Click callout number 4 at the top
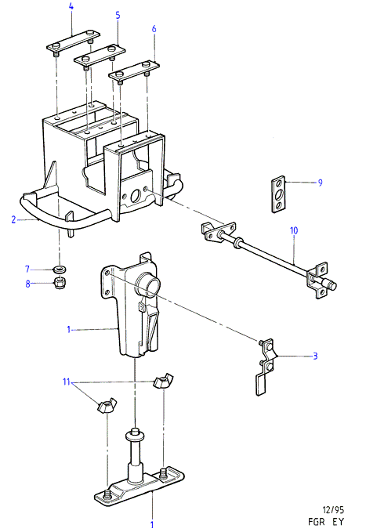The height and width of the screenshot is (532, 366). [x=71, y=6]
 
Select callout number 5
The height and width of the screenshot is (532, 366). [x=118, y=15]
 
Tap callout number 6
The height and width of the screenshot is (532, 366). [x=154, y=29]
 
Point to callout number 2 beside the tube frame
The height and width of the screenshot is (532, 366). [x=13, y=219]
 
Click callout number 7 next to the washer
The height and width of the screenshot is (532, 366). [x=27, y=270]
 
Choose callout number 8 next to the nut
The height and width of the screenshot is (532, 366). [x=28, y=284]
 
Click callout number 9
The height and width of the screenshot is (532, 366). [x=320, y=183]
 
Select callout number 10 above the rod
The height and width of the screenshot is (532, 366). [x=294, y=230]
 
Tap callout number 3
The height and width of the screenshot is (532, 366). [x=315, y=356]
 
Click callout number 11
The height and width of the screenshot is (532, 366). [x=66, y=382]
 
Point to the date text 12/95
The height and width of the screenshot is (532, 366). [x=333, y=510]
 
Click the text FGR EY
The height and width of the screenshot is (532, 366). [x=326, y=522]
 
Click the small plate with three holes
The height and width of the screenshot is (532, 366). [x=279, y=194]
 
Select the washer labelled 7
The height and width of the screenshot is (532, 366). [x=60, y=270]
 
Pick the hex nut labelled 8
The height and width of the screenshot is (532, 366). [x=60, y=283]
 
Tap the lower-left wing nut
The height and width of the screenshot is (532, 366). [x=106, y=406]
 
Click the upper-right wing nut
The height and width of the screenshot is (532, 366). [x=163, y=382]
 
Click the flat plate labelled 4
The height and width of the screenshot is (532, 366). [x=74, y=42]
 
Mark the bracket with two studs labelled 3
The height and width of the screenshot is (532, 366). [x=266, y=367]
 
